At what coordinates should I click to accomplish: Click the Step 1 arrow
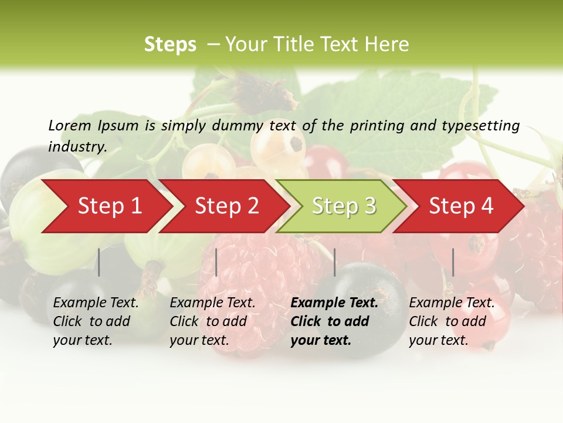pyautogui.click(x=109, y=206)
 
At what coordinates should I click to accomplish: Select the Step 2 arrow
pyautogui.click(x=226, y=206)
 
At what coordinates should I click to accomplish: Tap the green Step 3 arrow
pyautogui.click(x=344, y=206)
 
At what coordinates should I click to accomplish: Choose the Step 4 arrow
pyautogui.click(x=461, y=206)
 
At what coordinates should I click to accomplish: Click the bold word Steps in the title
pyautogui.click(x=170, y=45)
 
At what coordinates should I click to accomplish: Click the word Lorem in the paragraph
pyautogui.click(x=70, y=126)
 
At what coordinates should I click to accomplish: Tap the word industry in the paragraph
pyautogui.click(x=77, y=146)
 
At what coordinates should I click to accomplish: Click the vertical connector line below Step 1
pyautogui.click(x=99, y=262)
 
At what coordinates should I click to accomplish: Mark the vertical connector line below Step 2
pyautogui.click(x=216, y=262)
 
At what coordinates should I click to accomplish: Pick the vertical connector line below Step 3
pyautogui.click(x=334, y=262)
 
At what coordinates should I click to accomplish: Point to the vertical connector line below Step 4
pyautogui.click(x=453, y=262)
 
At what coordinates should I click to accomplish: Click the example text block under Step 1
pyautogui.click(x=96, y=321)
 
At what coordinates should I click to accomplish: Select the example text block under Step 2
pyautogui.click(x=212, y=321)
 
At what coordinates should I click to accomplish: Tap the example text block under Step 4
pyautogui.click(x=452, y=321)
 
